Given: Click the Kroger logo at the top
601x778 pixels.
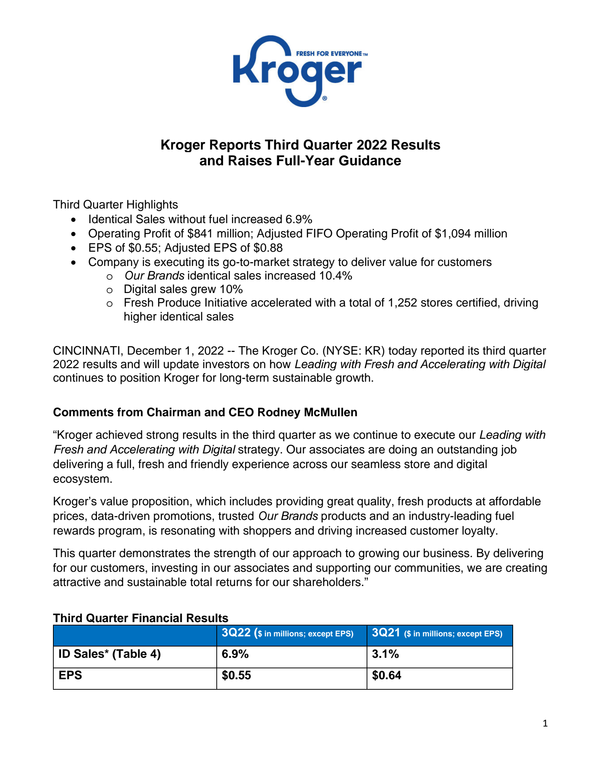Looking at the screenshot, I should point(297,71).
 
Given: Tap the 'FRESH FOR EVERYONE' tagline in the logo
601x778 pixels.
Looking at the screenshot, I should point(329,54).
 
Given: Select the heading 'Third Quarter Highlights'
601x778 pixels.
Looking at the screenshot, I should point(115,205).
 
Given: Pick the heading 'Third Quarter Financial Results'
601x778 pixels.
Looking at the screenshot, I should point(140,618).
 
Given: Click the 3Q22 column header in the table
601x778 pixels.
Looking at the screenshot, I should point(236,633).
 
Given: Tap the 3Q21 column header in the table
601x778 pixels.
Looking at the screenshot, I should point(386,633).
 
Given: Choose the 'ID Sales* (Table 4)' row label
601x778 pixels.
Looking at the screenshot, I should point(110,654).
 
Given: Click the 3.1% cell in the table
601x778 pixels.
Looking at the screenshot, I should point(385,654).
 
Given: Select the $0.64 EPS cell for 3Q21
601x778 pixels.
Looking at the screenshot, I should point(387,675).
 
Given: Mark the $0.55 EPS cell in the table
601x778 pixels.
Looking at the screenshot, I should point(236,675).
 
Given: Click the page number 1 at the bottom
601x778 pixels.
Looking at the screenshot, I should point(545,723).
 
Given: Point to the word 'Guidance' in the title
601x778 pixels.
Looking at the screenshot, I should point(370,161).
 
